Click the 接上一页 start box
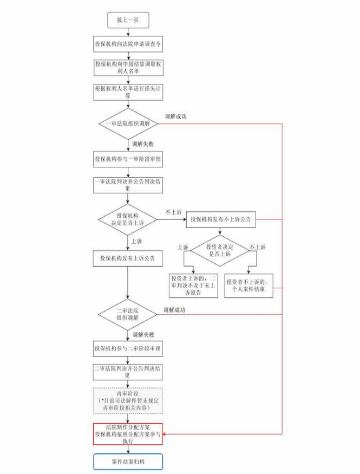point(128,20)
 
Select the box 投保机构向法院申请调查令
point(128,45)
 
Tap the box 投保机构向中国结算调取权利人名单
point(128,67)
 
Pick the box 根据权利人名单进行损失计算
point(128,92)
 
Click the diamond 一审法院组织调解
point(128,124)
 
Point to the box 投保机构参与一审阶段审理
point(128,160)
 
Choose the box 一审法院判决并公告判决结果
point(128,185)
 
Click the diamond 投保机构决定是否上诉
point(128,219)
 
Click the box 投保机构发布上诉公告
point(128,258)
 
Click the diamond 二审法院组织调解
point(128,314)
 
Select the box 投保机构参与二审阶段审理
point(128,347)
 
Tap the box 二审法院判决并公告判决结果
point(128,372)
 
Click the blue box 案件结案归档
point(128,462)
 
